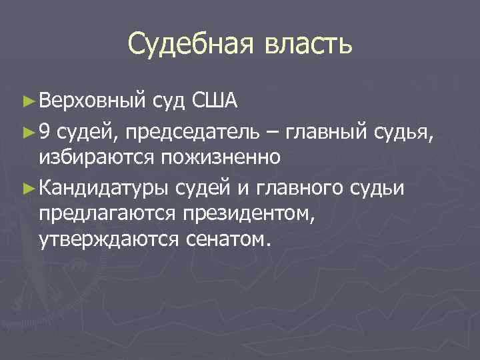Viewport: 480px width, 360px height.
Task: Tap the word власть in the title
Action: pos(305,45)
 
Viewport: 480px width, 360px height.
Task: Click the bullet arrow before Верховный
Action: pos(27,101)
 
